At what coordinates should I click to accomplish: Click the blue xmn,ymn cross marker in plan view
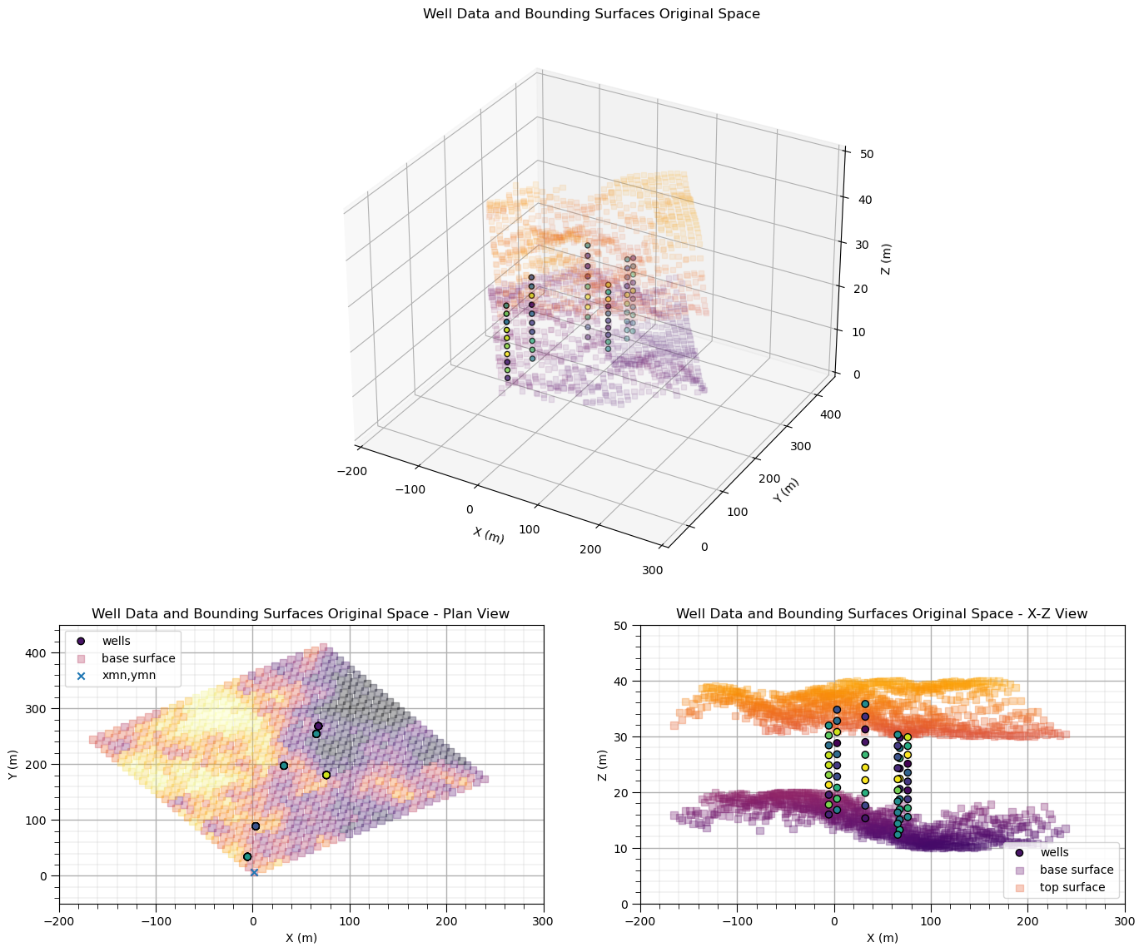[254, 872]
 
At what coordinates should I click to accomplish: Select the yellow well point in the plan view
[326, 775]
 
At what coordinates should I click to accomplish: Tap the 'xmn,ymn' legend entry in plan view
[129, 676]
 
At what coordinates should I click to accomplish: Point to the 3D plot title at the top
[591, 14]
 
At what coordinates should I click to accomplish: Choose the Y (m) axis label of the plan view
[13, 763]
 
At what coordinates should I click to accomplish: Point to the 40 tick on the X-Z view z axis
[621, 682]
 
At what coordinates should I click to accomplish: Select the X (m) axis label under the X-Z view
[882, 938]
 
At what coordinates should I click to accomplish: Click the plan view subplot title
[301, 614]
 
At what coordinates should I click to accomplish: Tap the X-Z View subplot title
[882, 614]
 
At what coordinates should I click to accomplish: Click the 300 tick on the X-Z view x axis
[1124, 920]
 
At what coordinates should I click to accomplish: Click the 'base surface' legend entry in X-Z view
[1076, 870]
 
